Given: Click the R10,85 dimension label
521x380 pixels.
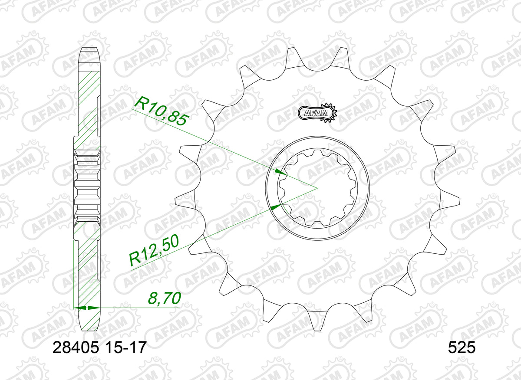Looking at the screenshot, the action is [x=162, y=111].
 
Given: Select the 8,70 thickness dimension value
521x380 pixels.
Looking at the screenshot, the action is [x=165, y=298].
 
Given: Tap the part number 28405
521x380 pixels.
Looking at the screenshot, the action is [x=76, y=348].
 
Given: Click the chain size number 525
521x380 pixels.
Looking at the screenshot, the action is [x=462, y=348].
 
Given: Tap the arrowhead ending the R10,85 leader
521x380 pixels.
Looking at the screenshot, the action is [x=281, y=172].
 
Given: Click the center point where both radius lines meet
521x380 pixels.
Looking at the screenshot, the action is [x=317, y=188].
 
